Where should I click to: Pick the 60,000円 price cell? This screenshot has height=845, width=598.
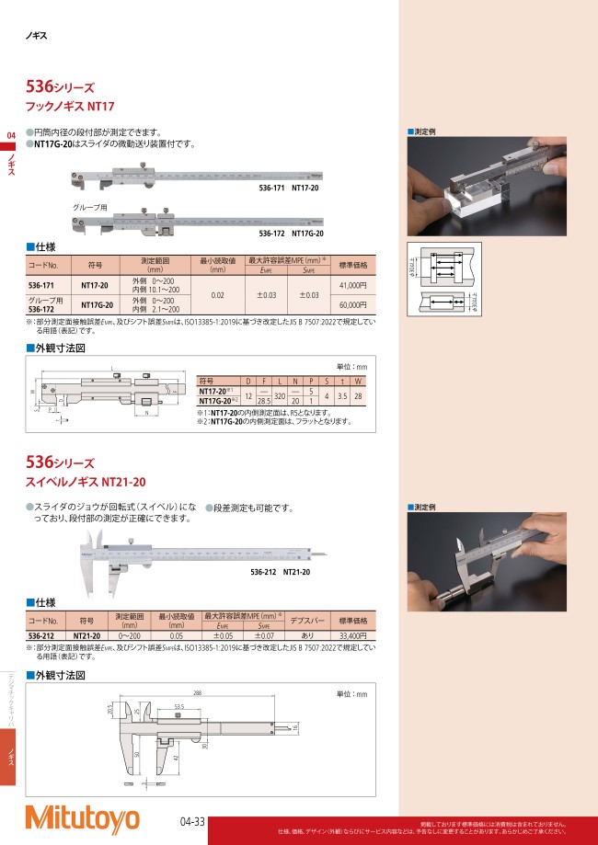coord(353,304)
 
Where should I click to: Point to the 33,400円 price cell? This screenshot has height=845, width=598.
coord(353,635)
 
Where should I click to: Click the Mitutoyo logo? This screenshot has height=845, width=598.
coord(82,817)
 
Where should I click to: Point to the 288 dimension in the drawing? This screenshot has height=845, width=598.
coord(197,692)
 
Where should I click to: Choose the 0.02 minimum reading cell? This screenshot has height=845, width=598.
coord(218,295)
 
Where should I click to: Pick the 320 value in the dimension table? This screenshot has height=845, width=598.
coord(280,395)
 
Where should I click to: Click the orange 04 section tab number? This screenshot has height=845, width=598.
coord(11,137)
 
